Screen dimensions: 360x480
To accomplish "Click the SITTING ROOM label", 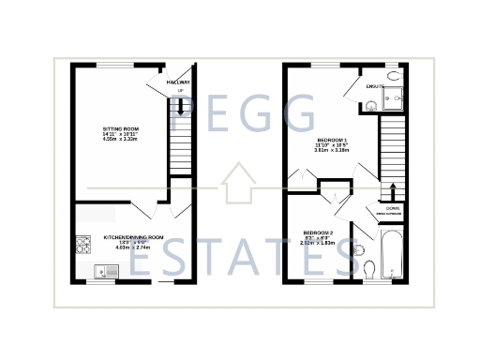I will coord(120,128).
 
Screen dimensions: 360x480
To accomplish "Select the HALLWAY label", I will coord(177,82).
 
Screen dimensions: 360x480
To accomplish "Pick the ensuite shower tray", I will coord(396,95).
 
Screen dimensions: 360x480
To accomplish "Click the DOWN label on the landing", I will coord(393,208).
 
